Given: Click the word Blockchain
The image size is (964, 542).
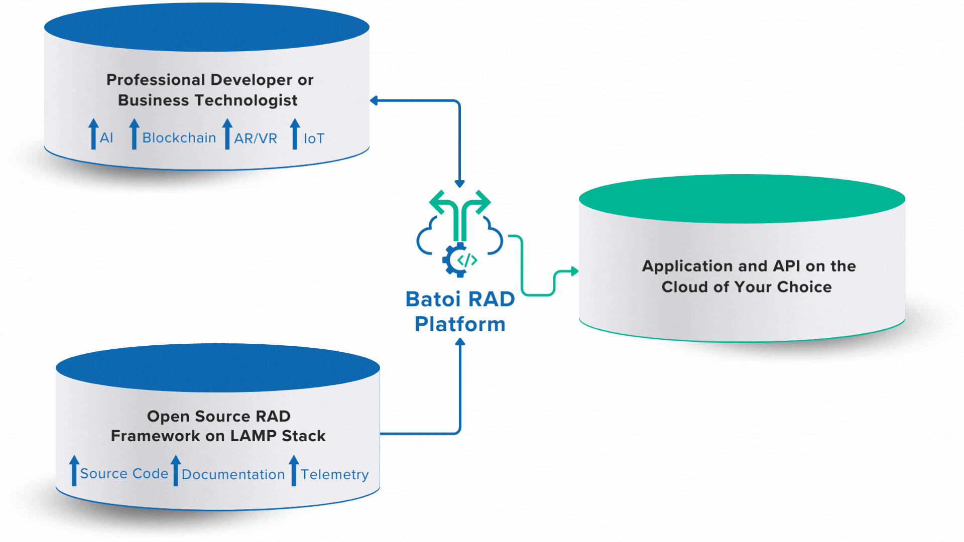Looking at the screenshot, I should tap(179, 138).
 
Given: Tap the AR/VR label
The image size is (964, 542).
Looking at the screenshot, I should tap(256, 139).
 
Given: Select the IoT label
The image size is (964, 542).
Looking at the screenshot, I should tap(314, 139).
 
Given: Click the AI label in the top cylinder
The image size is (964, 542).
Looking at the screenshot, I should tap(106, 138).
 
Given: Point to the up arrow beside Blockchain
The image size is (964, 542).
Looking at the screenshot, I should tap(134, 133).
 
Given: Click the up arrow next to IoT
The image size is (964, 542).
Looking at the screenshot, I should tap(295, 133).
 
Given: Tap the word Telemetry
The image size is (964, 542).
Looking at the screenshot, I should tap(334, 474).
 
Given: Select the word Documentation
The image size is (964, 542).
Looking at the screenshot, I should tap(233, 474).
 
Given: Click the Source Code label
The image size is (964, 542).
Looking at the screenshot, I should tap(124, 473).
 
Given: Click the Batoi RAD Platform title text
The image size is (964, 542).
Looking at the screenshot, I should tap(460, 311).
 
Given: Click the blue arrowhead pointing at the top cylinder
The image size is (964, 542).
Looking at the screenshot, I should tap(374, 100).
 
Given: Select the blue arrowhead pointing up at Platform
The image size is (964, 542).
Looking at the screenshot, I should tap(460, 342).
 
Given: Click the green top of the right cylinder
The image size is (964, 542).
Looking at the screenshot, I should tap(742, 199).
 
